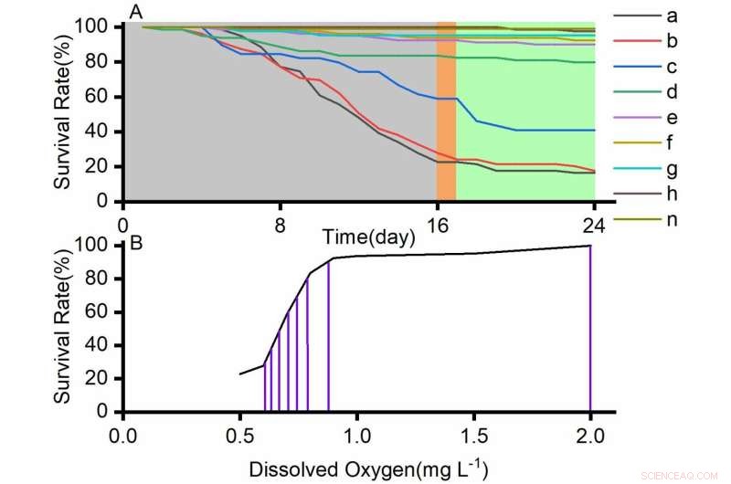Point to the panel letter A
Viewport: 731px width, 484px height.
(x=136, y=12)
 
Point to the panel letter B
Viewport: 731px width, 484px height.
(x=136, y=243)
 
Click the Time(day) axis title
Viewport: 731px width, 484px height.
(x=368, y=236)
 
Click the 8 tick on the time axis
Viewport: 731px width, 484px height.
(x=281, y=222)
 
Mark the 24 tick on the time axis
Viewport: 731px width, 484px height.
(x=594, y=222)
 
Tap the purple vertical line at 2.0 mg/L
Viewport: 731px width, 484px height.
(x=590, y=329)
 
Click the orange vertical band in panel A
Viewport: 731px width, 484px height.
(x=446, y=110)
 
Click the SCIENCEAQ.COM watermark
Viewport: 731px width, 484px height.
(x=680, y=474)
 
